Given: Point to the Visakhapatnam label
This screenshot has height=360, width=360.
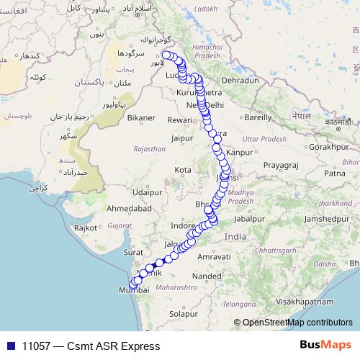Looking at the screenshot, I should coord(291,301).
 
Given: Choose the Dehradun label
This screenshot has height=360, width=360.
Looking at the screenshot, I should coord(239,81).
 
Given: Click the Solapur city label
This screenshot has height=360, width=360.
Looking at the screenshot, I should coord(184,314).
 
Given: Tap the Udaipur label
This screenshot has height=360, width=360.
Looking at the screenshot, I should coord(147,192).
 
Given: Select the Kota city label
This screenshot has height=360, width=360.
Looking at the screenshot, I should coord(183,170).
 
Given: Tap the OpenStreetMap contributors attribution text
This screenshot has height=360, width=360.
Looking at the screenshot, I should coord(297,323).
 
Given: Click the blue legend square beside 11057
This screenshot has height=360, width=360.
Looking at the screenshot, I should coord(11,346).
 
